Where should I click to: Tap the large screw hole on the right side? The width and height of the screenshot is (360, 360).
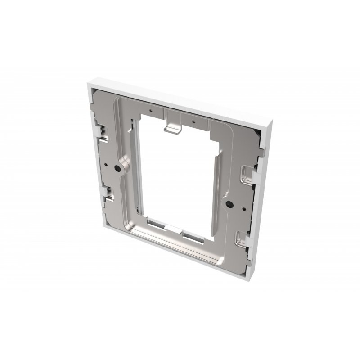pyautogui.click(x=230, y=204)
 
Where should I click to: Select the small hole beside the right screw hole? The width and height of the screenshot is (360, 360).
pyautogui.click(x=243, y=208)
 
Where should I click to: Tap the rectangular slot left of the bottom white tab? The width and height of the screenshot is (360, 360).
pyautogui.click(x=158, y=223)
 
